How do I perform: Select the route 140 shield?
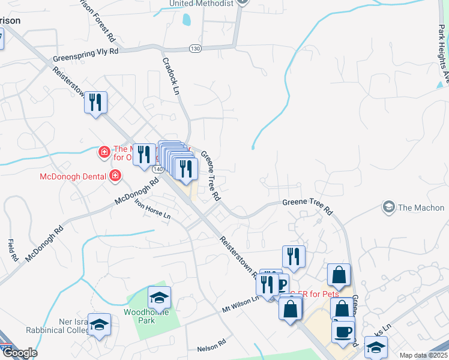click(158, 170)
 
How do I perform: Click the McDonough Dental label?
click(71, 176)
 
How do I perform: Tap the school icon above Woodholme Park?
click(159, 298)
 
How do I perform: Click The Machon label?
click(421, 208)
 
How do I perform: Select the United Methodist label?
click(200, 4)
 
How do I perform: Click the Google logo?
click(19, 353)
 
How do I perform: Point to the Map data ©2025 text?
click(423, 355)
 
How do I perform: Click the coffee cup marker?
click(343, 332)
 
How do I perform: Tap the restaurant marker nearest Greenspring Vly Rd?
click(95, 103)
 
